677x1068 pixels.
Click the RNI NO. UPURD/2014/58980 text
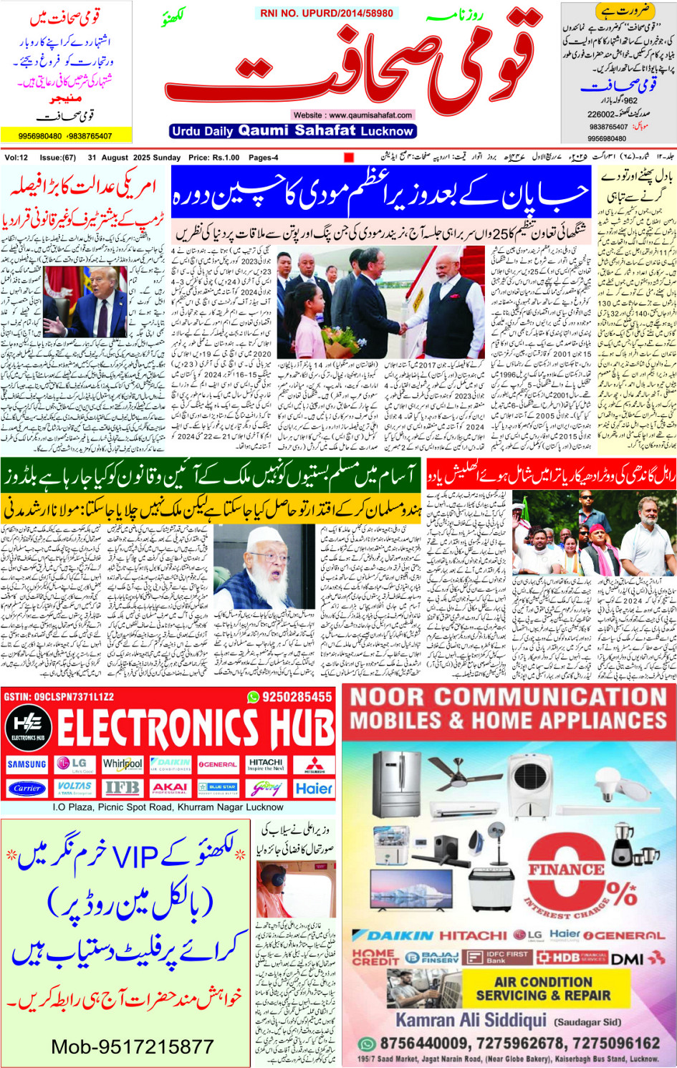327,13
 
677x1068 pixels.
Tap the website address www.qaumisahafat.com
352,115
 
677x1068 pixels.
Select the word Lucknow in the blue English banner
387,131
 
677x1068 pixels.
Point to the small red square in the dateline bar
349,158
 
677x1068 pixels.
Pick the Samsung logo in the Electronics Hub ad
27,764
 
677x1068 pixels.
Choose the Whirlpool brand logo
123,764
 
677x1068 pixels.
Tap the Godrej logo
266,788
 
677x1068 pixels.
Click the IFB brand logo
123,788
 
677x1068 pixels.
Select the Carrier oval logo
27,788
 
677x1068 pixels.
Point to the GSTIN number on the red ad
59,697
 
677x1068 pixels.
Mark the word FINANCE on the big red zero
566,870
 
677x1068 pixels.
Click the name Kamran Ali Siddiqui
471,1020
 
